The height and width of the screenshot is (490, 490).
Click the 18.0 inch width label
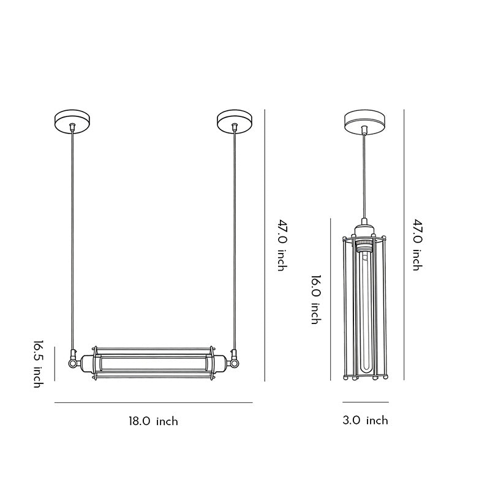(153, 421)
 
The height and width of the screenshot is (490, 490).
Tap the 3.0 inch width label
(365, 420)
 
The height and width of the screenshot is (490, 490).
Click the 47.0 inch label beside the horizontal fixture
(282, 245)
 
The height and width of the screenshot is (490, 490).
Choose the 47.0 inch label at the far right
(417, 245)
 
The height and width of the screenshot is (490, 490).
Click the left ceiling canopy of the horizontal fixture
(72, 121)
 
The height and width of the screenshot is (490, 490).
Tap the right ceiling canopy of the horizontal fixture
(235, 121)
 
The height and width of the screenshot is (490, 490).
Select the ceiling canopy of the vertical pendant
(364, 121)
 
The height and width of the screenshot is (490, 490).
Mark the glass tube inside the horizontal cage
(153, 363)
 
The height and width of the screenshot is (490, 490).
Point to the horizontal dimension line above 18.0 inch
(153, 402)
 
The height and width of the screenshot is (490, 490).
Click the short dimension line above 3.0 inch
(365, 402)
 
